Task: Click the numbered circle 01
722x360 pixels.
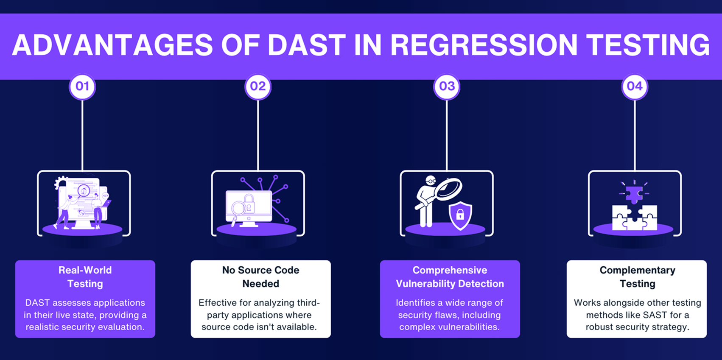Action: [82, 87]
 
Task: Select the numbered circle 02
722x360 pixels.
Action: [258, 87]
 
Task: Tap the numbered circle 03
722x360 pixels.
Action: [447, 87]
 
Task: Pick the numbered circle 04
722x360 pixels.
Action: [635, 87]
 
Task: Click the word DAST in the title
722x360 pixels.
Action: [307, 45]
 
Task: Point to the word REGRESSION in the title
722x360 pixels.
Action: [484, 45]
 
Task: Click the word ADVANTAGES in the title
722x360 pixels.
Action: [112, 45]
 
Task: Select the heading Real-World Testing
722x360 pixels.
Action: [85, 277]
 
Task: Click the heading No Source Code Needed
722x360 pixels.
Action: [260, 277]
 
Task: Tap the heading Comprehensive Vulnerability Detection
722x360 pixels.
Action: [450, 277]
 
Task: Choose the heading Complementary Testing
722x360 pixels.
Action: [637, 277]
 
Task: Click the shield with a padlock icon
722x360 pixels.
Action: [460, 215]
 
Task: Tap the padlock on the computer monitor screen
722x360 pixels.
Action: [249, 204]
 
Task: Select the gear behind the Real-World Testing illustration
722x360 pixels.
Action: [60, 183]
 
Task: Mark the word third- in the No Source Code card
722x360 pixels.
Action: [306, 303]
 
